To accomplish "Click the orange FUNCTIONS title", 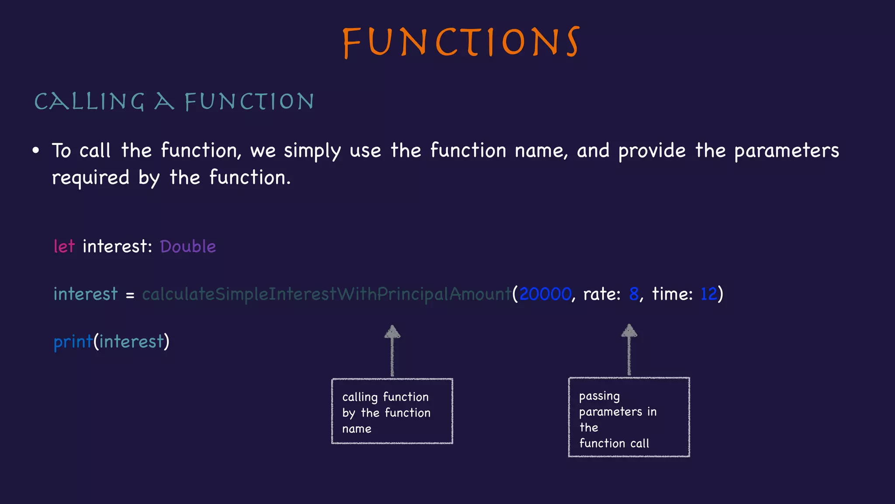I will pos(461,42).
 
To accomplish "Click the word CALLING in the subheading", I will pos(89,101).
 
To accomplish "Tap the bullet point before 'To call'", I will pos(36,151).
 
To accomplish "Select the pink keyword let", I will pos(64,246).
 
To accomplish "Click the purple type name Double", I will pos(188,246).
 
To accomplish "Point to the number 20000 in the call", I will pos(545,294).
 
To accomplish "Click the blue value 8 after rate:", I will pos(634,294).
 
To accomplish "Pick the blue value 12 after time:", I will pos(709,294).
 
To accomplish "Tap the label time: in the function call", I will pos(672,294).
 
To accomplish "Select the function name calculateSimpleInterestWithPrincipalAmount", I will pos(326,294).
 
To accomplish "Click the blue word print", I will pos(73,342).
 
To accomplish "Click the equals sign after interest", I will pos(130,295).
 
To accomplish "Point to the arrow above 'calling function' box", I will pos(392,350).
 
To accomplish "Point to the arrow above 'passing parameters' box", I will pos(629,349).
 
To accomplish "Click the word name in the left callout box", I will pos(357,429).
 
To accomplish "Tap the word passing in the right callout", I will pos(599,397).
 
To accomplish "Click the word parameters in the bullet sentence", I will pos(786,151).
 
